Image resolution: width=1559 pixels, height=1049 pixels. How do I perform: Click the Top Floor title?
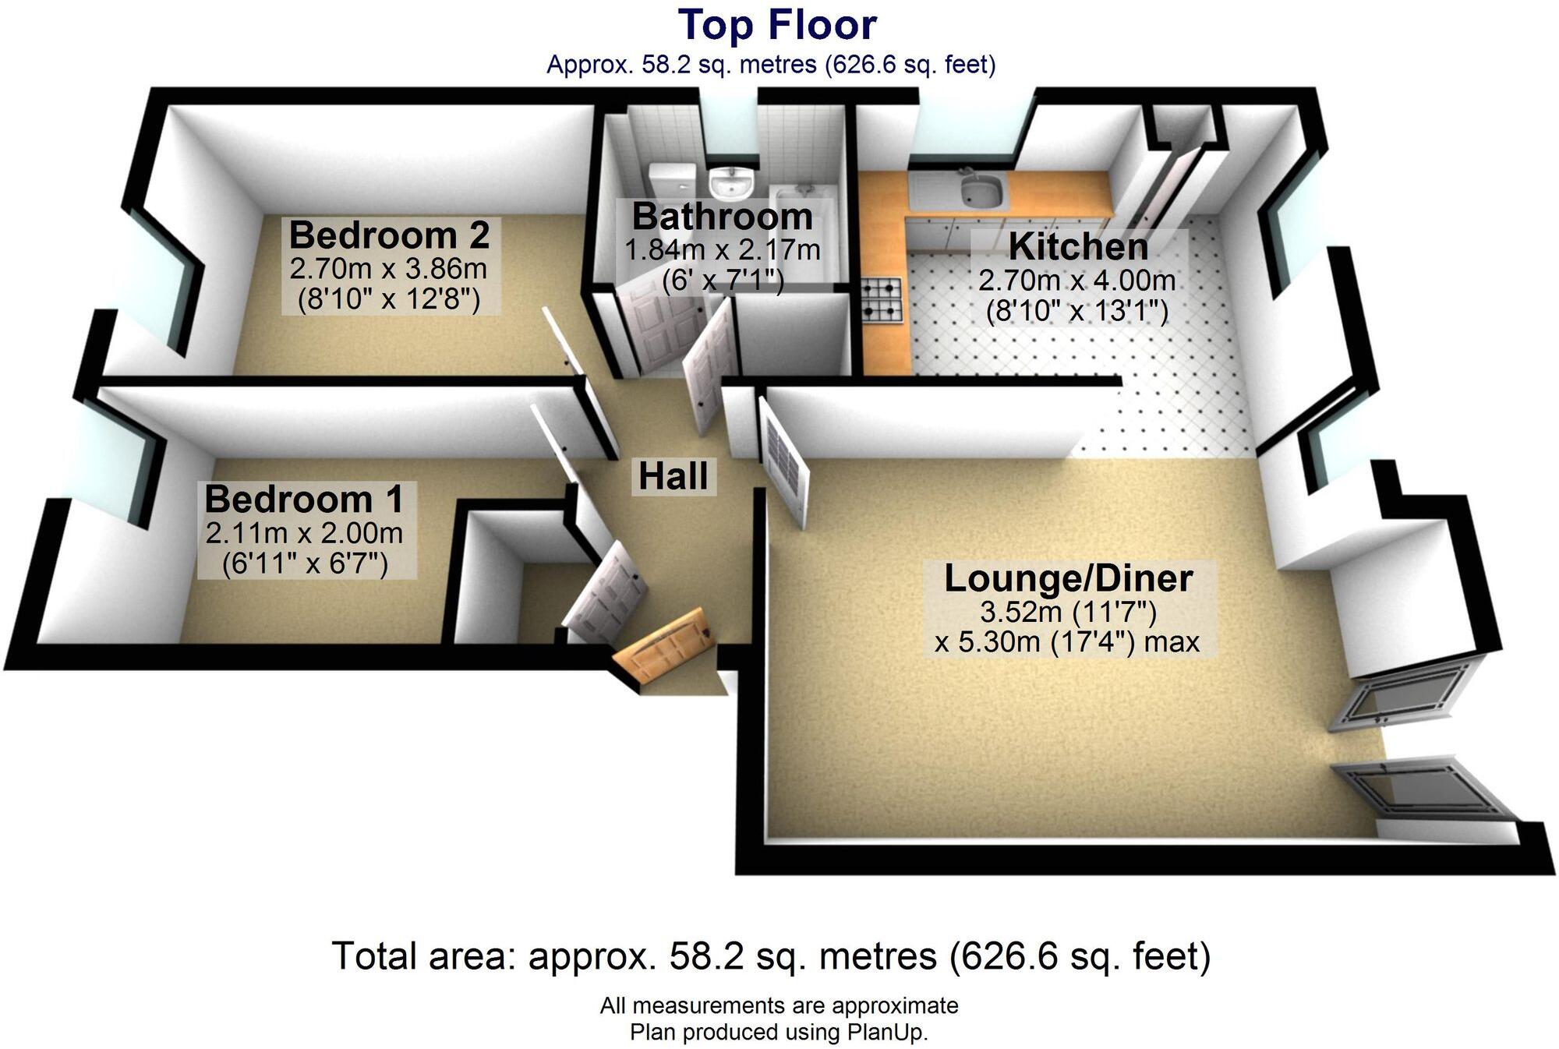click(777, 25)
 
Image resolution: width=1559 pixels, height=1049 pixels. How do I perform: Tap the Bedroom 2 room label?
click(389, 235)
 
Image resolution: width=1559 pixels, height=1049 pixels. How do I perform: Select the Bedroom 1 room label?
click(304, 499)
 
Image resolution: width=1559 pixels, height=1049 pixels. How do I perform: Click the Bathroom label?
click(722, 217)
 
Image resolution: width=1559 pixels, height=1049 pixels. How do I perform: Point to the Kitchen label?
click(1078, 246)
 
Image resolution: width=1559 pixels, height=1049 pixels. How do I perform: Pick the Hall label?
click(673, 476)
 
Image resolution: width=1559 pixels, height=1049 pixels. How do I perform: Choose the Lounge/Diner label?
click(1068, 578)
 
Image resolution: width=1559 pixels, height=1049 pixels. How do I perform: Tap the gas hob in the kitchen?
click(882, 300)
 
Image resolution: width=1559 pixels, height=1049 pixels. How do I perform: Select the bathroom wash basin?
click(730, 184)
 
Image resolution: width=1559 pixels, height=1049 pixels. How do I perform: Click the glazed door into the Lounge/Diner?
click(785, 464)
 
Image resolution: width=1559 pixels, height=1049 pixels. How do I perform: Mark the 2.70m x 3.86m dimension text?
click(388, 269)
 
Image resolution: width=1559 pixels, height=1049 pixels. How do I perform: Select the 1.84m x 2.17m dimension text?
click(722, 250)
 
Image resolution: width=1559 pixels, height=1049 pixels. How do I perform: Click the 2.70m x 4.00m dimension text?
click(1077, 280)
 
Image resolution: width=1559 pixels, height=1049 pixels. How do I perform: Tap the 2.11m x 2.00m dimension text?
click(304, 533)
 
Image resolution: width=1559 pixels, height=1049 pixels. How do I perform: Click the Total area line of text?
click(771, 956)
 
